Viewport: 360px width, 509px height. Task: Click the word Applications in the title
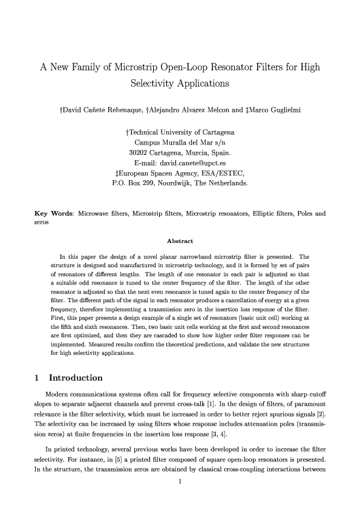pyautogui.click(x=199, y=83)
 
